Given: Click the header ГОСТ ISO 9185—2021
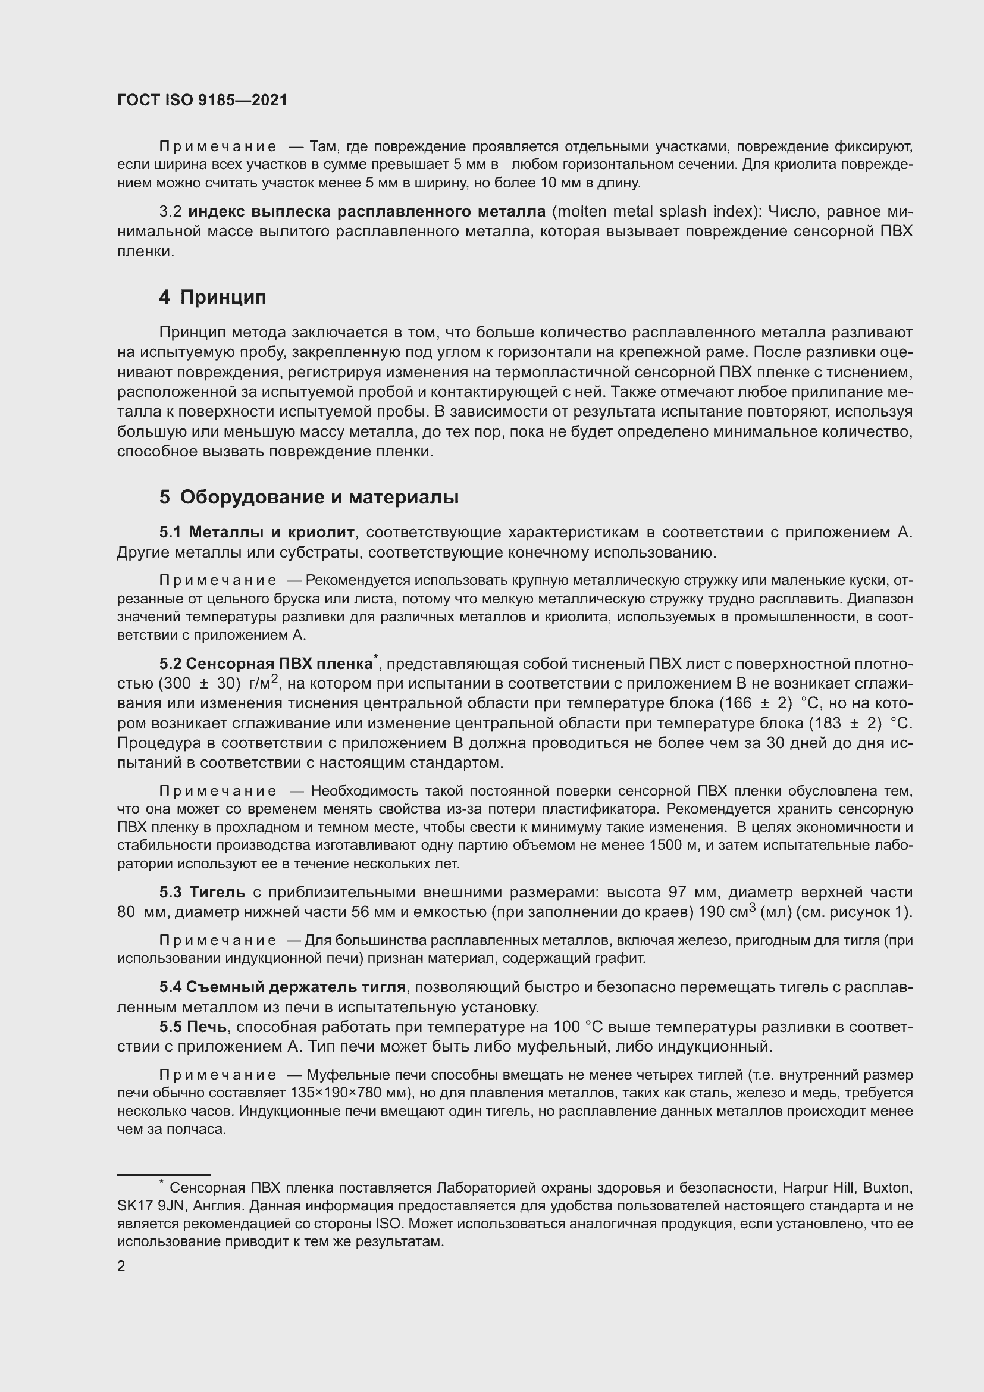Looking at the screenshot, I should [202, 101].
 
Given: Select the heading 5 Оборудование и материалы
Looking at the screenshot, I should [309, 497].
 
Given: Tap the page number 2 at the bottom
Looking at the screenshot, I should [121, 1266].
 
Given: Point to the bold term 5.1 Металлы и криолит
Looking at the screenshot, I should [257, 532].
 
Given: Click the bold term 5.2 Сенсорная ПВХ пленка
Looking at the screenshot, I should [266, 664].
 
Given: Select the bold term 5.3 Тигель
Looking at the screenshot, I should [202, 892].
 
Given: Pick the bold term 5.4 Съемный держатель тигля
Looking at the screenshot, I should [283, 987].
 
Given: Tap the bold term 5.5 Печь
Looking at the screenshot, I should [193, 1027].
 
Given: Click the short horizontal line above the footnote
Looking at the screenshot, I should [164, 1175].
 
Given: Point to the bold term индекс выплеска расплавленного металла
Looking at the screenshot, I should [367, 212].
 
